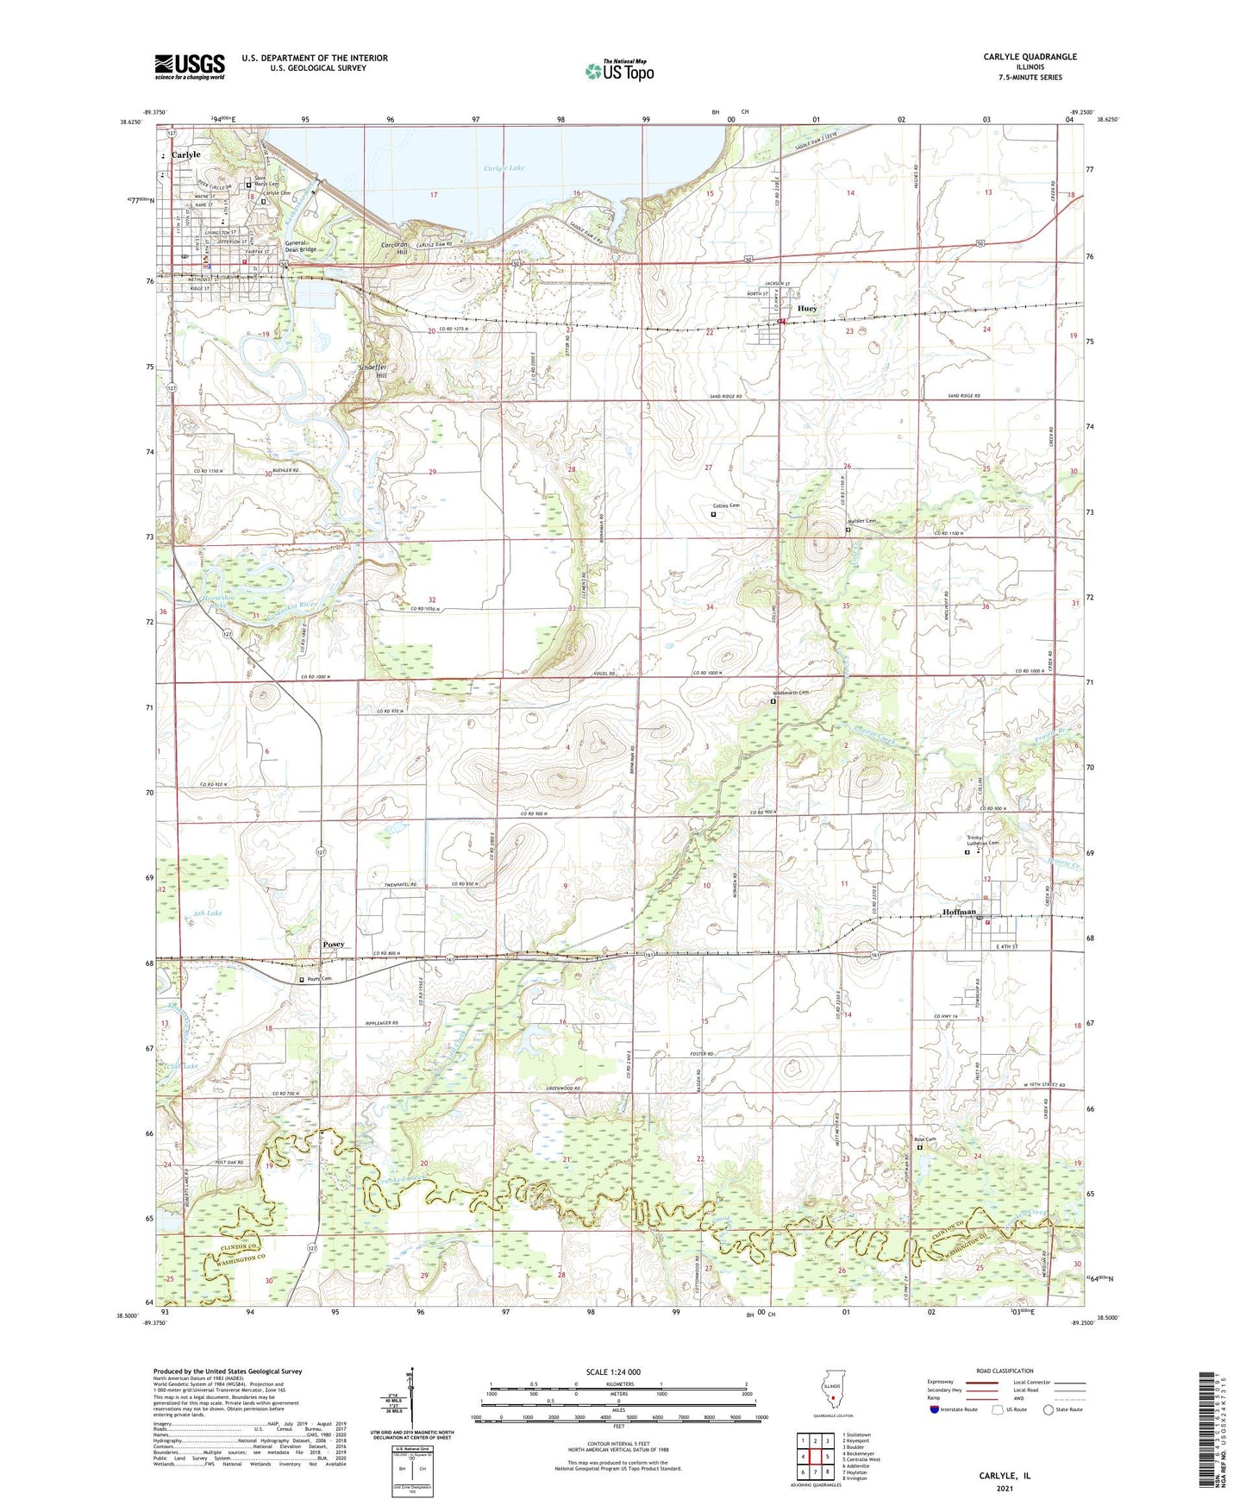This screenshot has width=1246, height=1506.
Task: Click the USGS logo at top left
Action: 189,66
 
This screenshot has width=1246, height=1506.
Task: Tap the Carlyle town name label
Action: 185,154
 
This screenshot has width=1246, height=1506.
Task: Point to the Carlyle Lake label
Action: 504,168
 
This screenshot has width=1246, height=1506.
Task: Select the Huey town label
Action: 807,308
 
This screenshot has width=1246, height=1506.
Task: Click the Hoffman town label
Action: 959,912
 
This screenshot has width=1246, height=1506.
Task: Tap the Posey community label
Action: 334,944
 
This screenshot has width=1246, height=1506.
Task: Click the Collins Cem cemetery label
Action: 727,505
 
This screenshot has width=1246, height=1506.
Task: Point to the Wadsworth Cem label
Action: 791,693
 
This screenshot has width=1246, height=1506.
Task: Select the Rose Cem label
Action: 924,1139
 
